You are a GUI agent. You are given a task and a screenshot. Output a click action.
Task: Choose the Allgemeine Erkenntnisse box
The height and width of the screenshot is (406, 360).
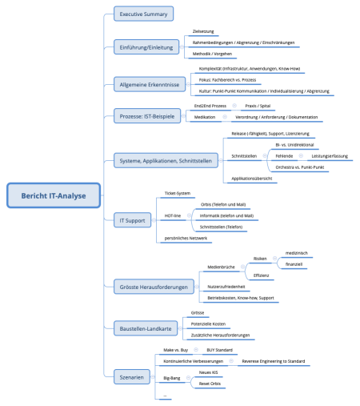[150, 83]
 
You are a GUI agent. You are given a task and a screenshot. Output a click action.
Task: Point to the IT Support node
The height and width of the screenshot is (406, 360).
[131, 218]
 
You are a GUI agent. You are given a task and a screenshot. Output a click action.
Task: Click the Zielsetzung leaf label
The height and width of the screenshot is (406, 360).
[204, 31]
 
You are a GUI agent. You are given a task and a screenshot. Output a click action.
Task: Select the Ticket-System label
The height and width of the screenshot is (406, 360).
[177, 193]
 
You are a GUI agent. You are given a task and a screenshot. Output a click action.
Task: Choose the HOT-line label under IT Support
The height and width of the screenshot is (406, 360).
[173, 216]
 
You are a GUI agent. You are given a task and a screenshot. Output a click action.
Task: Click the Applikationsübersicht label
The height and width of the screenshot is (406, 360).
[251, 179]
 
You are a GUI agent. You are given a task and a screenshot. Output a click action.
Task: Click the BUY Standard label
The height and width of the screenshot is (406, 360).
[220, 351]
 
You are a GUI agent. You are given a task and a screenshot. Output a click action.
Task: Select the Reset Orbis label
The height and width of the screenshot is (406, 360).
[211, 384]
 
